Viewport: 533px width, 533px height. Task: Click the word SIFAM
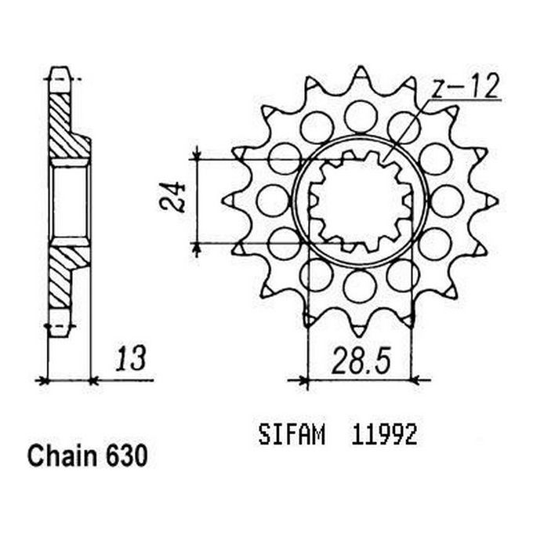coord(291,436)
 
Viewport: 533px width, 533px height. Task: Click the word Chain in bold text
coord(61,457)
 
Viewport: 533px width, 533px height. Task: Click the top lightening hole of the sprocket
coord(361,116)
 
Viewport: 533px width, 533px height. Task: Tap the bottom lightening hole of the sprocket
coord(360,286)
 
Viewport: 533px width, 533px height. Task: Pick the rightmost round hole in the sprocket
coord(447,201)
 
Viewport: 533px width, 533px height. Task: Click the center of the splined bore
coord(361,201)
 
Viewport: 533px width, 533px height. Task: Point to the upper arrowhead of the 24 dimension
coord(197,154)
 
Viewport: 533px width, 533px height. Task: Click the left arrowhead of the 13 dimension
coord(43,381)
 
